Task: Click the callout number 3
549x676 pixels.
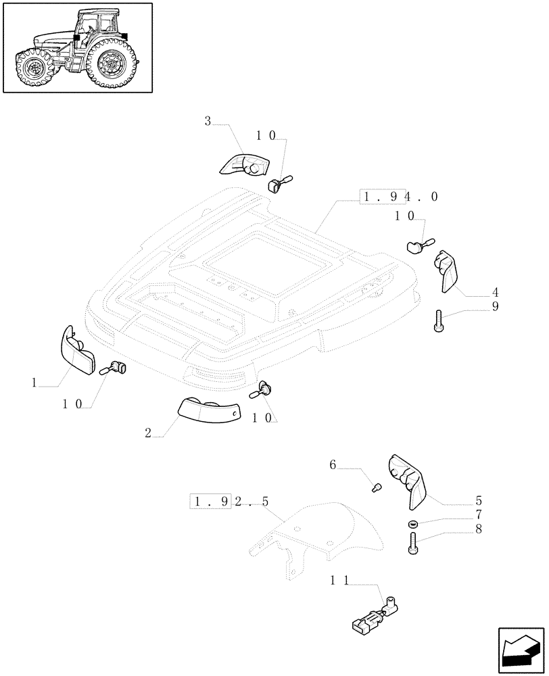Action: (x=208, y=122)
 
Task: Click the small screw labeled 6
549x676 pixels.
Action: (x=412, y=524)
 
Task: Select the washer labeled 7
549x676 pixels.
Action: (x=413, y=543)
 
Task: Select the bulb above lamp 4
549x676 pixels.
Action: (x=419, y=243)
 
